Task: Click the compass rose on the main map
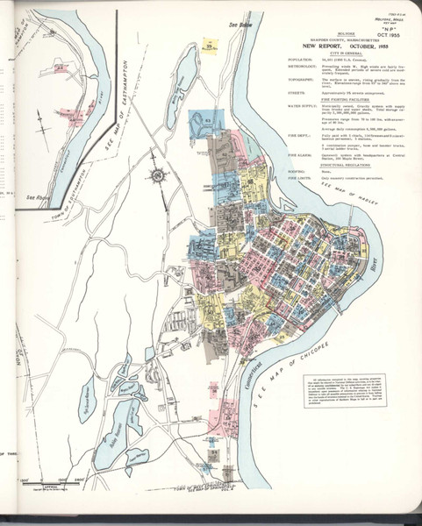(x=159, y=174)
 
